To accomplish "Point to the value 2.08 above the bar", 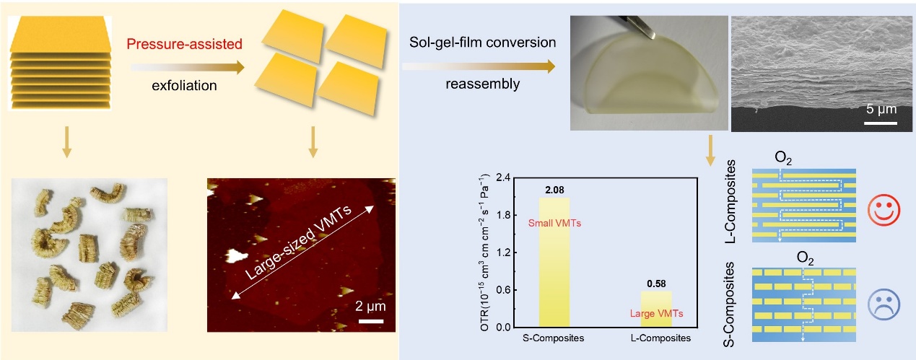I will pyautogui.click(x=554, y=190).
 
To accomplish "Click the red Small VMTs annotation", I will pyautogui.click(x=554, y=224).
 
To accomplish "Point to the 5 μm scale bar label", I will pyautogui.click(x=881, y=110).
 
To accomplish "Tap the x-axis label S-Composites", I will pyautogui.click(x=554, y=338).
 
